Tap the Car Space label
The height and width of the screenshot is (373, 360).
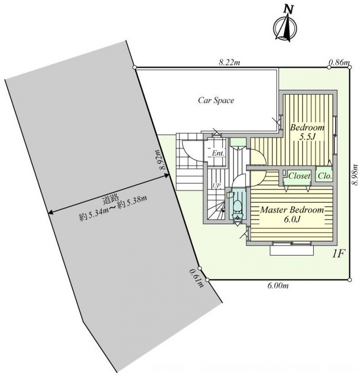click(216, 100)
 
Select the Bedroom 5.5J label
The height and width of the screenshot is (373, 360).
click(307, 132)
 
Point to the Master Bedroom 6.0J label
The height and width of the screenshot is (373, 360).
click(292, 214)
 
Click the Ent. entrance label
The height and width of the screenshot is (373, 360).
click(218, 153)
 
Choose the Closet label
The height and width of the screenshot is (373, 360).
click(299, 176)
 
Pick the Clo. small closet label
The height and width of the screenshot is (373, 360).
click(325, 176)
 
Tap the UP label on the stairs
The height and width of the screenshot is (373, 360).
click(216, 186)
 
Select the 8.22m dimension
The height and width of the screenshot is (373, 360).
click(229, 63)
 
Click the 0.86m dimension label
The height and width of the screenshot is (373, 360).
click(339, 62)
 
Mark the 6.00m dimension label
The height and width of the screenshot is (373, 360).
click(278, 286)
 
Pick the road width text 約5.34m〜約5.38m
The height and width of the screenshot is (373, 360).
click(113, 208)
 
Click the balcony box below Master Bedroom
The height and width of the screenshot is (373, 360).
click(292, 250)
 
